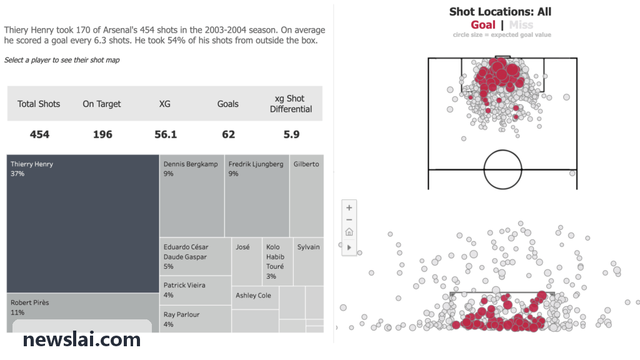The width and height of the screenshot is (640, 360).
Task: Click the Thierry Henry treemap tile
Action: (83, 224)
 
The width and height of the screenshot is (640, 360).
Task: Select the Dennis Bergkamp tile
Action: (192, 196)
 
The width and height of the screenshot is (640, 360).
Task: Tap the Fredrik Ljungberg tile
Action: (257, 196)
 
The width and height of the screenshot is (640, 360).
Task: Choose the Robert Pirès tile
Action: (83, 312)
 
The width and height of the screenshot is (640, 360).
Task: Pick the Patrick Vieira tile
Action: (196, 290)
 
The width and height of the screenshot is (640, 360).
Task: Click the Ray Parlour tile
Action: (196, 319)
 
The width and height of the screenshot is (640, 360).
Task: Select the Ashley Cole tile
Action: (255, 297)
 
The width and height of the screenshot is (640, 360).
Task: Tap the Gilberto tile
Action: (306, 196)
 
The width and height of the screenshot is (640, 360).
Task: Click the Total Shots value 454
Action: (39, 134)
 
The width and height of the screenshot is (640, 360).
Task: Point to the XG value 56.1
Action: (166, 134)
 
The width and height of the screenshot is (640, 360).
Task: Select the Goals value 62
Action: (229, 134)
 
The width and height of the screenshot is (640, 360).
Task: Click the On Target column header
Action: (102, 104)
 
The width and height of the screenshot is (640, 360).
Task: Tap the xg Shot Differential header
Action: (291, 104)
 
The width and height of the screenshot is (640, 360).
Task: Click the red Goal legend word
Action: (483, 25)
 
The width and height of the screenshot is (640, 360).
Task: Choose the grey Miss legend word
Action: (521, 25)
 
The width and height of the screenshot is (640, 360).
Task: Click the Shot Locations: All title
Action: (501, 11)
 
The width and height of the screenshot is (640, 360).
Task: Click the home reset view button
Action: (349, 232)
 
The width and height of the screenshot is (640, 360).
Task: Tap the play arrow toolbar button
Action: (349, 247)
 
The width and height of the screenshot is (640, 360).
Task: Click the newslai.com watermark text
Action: (82, 339)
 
